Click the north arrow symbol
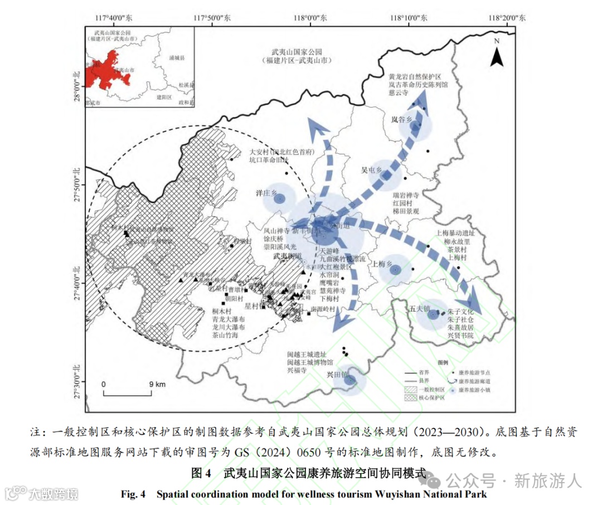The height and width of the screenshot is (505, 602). point(497,53)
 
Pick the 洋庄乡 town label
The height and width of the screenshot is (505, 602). point(266,192)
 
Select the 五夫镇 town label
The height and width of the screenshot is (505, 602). point(419,307)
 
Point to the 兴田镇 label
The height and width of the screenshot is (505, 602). point(337,373)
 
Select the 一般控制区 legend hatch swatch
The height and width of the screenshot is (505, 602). point(410,389)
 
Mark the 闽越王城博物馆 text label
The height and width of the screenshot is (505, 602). point(305,362)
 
